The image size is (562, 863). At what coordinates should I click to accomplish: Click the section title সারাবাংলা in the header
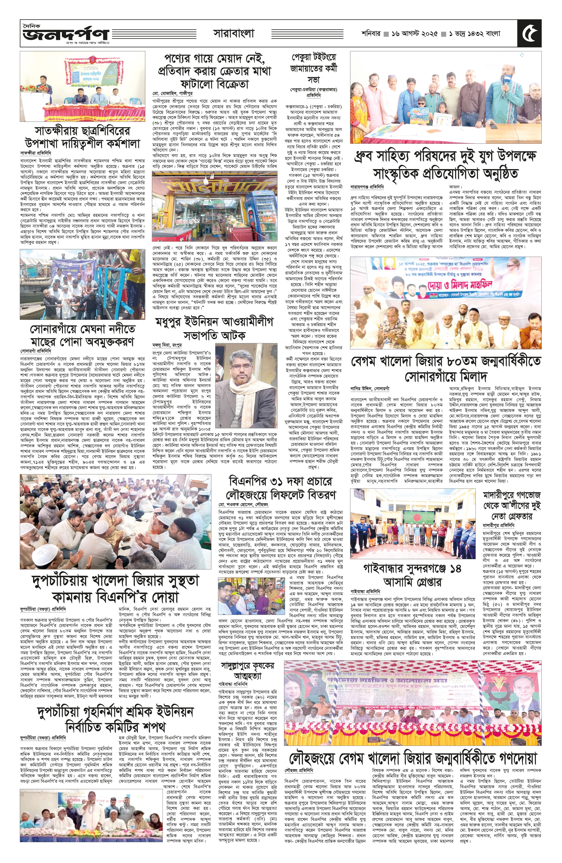pyautogui.click(x=234, y=34)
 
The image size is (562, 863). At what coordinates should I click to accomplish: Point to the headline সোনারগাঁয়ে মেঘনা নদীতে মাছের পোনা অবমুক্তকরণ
pyautogui.click(x=82, y=335)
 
